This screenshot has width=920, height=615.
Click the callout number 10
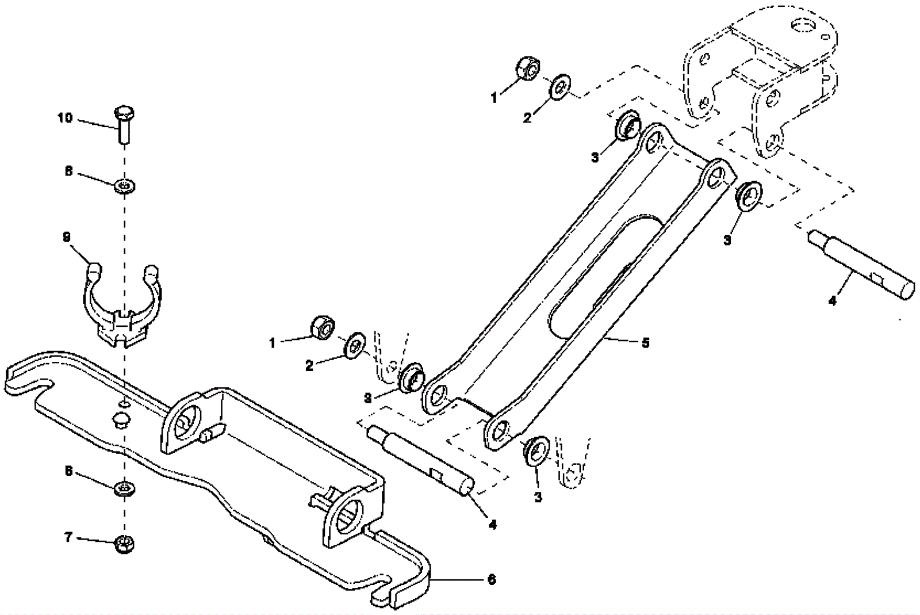65,118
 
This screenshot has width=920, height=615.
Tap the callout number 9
67,236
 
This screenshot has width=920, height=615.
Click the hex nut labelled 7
124,543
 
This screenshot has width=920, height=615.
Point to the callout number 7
68,537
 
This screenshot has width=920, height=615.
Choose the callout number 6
491,579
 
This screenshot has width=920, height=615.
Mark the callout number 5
645,343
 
